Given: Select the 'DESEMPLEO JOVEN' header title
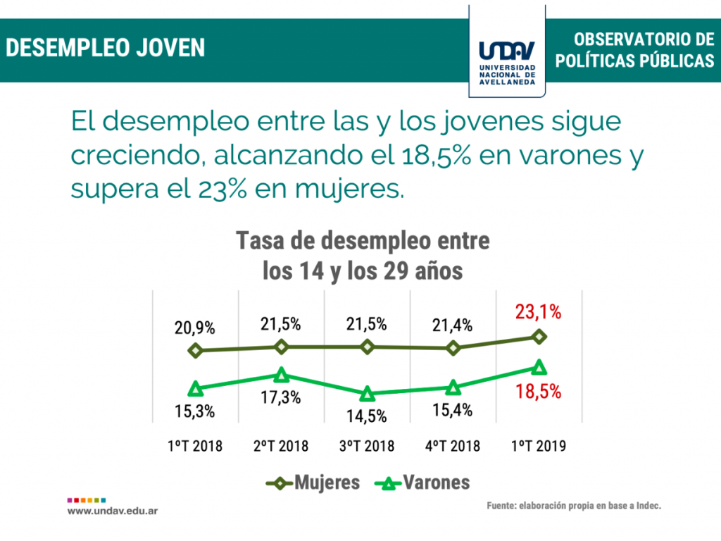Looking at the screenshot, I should [x=106, y=48].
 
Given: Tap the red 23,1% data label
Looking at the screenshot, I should [x=538, y=312].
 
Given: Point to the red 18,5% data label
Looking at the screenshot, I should [x=538, y=392].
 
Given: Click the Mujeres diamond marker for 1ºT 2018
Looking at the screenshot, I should [x=196, y=350].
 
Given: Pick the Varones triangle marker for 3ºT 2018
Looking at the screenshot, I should [x=367, y=394].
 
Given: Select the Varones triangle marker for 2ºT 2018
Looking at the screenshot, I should [x=282, y=374].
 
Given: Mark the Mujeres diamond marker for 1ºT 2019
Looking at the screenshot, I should [x=539, y=337].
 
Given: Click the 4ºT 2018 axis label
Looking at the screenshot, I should [x=453, y=446].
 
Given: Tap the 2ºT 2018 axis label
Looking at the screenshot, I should [x=281, y=446].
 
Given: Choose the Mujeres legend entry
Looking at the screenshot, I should [x=313, y=483].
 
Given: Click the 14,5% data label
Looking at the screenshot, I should [x=367, y=416].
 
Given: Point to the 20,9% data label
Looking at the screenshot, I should [x=196, y=328].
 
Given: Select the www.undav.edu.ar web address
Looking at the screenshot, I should [x=113, y=510].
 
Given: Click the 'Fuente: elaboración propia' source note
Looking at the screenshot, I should [x=574, y=505].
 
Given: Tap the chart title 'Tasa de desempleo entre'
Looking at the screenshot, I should [x=363, y=241].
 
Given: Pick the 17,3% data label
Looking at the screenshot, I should [x=281, y=397].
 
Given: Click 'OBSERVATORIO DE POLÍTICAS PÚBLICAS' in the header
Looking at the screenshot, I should [x=634, y=50].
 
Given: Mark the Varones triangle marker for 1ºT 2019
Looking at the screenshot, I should [x=539, y=367].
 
